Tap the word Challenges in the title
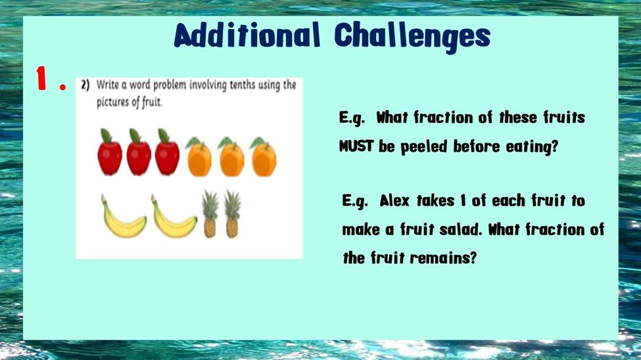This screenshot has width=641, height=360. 412,37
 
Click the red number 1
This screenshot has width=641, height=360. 41,78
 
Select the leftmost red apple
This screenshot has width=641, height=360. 110,152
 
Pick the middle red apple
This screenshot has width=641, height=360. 139,152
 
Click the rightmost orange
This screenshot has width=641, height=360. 264,157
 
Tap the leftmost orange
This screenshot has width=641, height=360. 199,157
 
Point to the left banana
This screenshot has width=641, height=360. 123,217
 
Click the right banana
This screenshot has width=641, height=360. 174,217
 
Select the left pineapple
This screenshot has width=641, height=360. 210,214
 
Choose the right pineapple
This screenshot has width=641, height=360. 232,214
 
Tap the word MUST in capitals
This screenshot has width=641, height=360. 356,146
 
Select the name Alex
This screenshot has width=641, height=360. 394,200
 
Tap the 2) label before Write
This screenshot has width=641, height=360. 85,85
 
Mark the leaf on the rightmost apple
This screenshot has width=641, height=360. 163,136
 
